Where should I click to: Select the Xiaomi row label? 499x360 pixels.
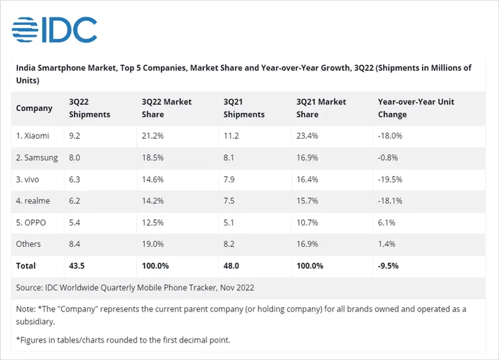tap(34, 136)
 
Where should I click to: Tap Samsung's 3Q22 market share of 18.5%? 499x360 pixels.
tap(152, 157)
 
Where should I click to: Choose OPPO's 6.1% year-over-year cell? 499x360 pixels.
tap(387, 222)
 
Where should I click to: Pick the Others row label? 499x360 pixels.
tap(28, 243)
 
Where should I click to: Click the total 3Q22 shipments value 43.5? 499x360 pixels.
tap(78, 266)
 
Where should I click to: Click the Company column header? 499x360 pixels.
tap(35, 108)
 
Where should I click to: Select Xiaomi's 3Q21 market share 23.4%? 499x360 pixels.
tap(308, 136)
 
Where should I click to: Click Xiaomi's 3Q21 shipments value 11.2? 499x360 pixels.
tap(231, 136)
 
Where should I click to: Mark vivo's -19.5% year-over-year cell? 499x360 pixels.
tap(390, 179)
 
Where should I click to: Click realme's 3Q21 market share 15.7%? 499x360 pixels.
tap(308, 200)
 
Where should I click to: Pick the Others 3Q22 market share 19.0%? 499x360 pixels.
tap(152, 243)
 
